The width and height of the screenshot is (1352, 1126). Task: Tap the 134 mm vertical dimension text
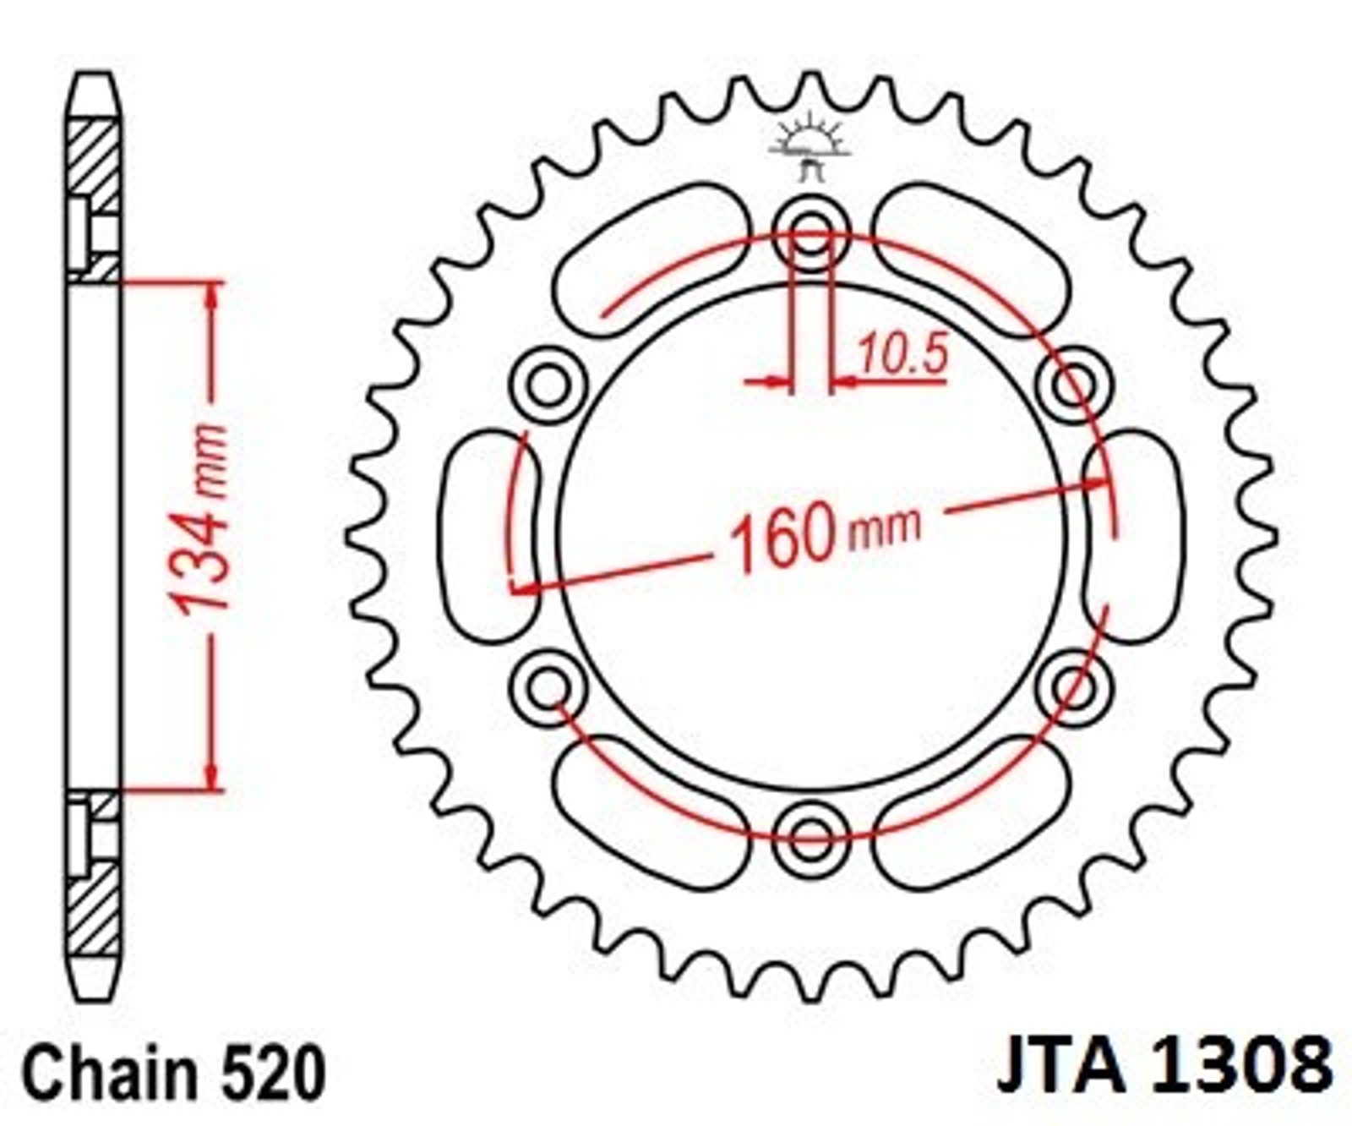[x=199, y=517]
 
